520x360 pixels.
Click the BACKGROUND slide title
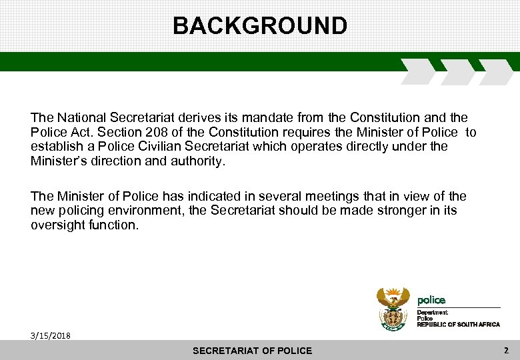260,26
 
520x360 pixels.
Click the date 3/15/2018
50,335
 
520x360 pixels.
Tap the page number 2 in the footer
506,350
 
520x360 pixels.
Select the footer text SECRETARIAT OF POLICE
252,351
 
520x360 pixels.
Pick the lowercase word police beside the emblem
431,300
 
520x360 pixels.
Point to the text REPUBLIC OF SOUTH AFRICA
458,324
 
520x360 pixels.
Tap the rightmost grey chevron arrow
495,71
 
